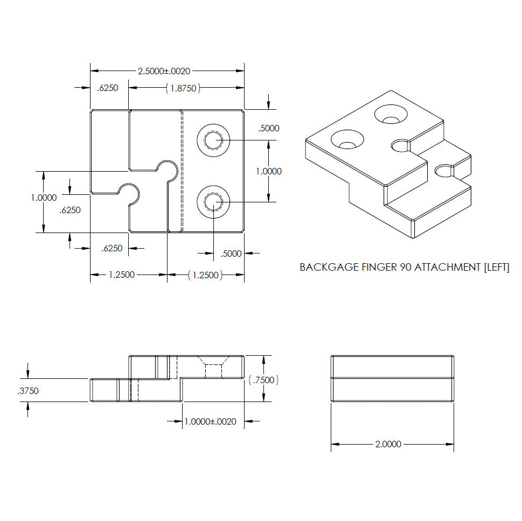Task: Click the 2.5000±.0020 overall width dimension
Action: pyautogui.click(x=164, y=71)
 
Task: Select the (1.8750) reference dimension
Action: pyautogui.click(x=183, y=88)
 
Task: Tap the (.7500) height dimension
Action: pyautogui.click(x=263, y=380)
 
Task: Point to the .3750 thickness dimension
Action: pyautogui.click(x=27, y=391)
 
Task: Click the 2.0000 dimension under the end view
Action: pyautogui.click(x=387, y=444)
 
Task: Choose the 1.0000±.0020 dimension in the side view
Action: pyautogui.click(x=210, y=421)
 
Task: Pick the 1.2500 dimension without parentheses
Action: pyautogui.click(x=122, y=275)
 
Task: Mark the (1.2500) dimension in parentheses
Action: pyautogui.click(x=205, y=275)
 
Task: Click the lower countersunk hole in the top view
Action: pyautogui.click(x=213, y=202)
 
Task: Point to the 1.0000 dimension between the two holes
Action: pyautogui.click(x=269, y=171)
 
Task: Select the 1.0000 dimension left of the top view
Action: pyautogui.click(x=43, y=198)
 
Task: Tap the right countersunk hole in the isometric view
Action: pyautogui.click(x=392, y=114)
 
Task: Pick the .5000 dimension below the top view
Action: pyautogui.click(x=232, y=254)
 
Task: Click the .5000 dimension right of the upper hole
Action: pyautogui.click(x=269, y=128)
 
